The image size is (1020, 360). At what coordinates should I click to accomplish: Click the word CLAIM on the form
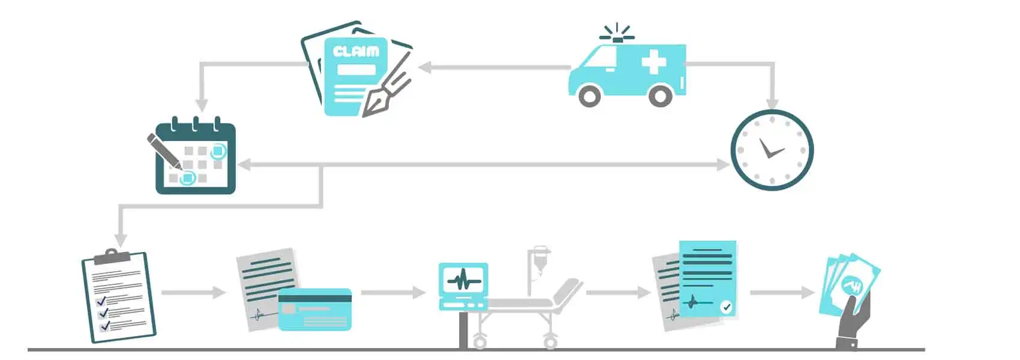click(356, 52)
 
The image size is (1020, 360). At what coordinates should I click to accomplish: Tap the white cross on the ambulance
click(653, 62)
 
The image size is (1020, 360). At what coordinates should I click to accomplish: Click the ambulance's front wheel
click(590, 95)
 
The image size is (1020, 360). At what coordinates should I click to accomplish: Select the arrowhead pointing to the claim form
click(425, 67)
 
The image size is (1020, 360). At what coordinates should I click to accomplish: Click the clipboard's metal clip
click(112, 257)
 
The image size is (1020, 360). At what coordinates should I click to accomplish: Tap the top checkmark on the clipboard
click(100, 300)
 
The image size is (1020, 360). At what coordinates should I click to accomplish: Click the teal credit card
click(314, 309)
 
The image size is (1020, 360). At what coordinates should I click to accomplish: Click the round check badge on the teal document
click(726, 307)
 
